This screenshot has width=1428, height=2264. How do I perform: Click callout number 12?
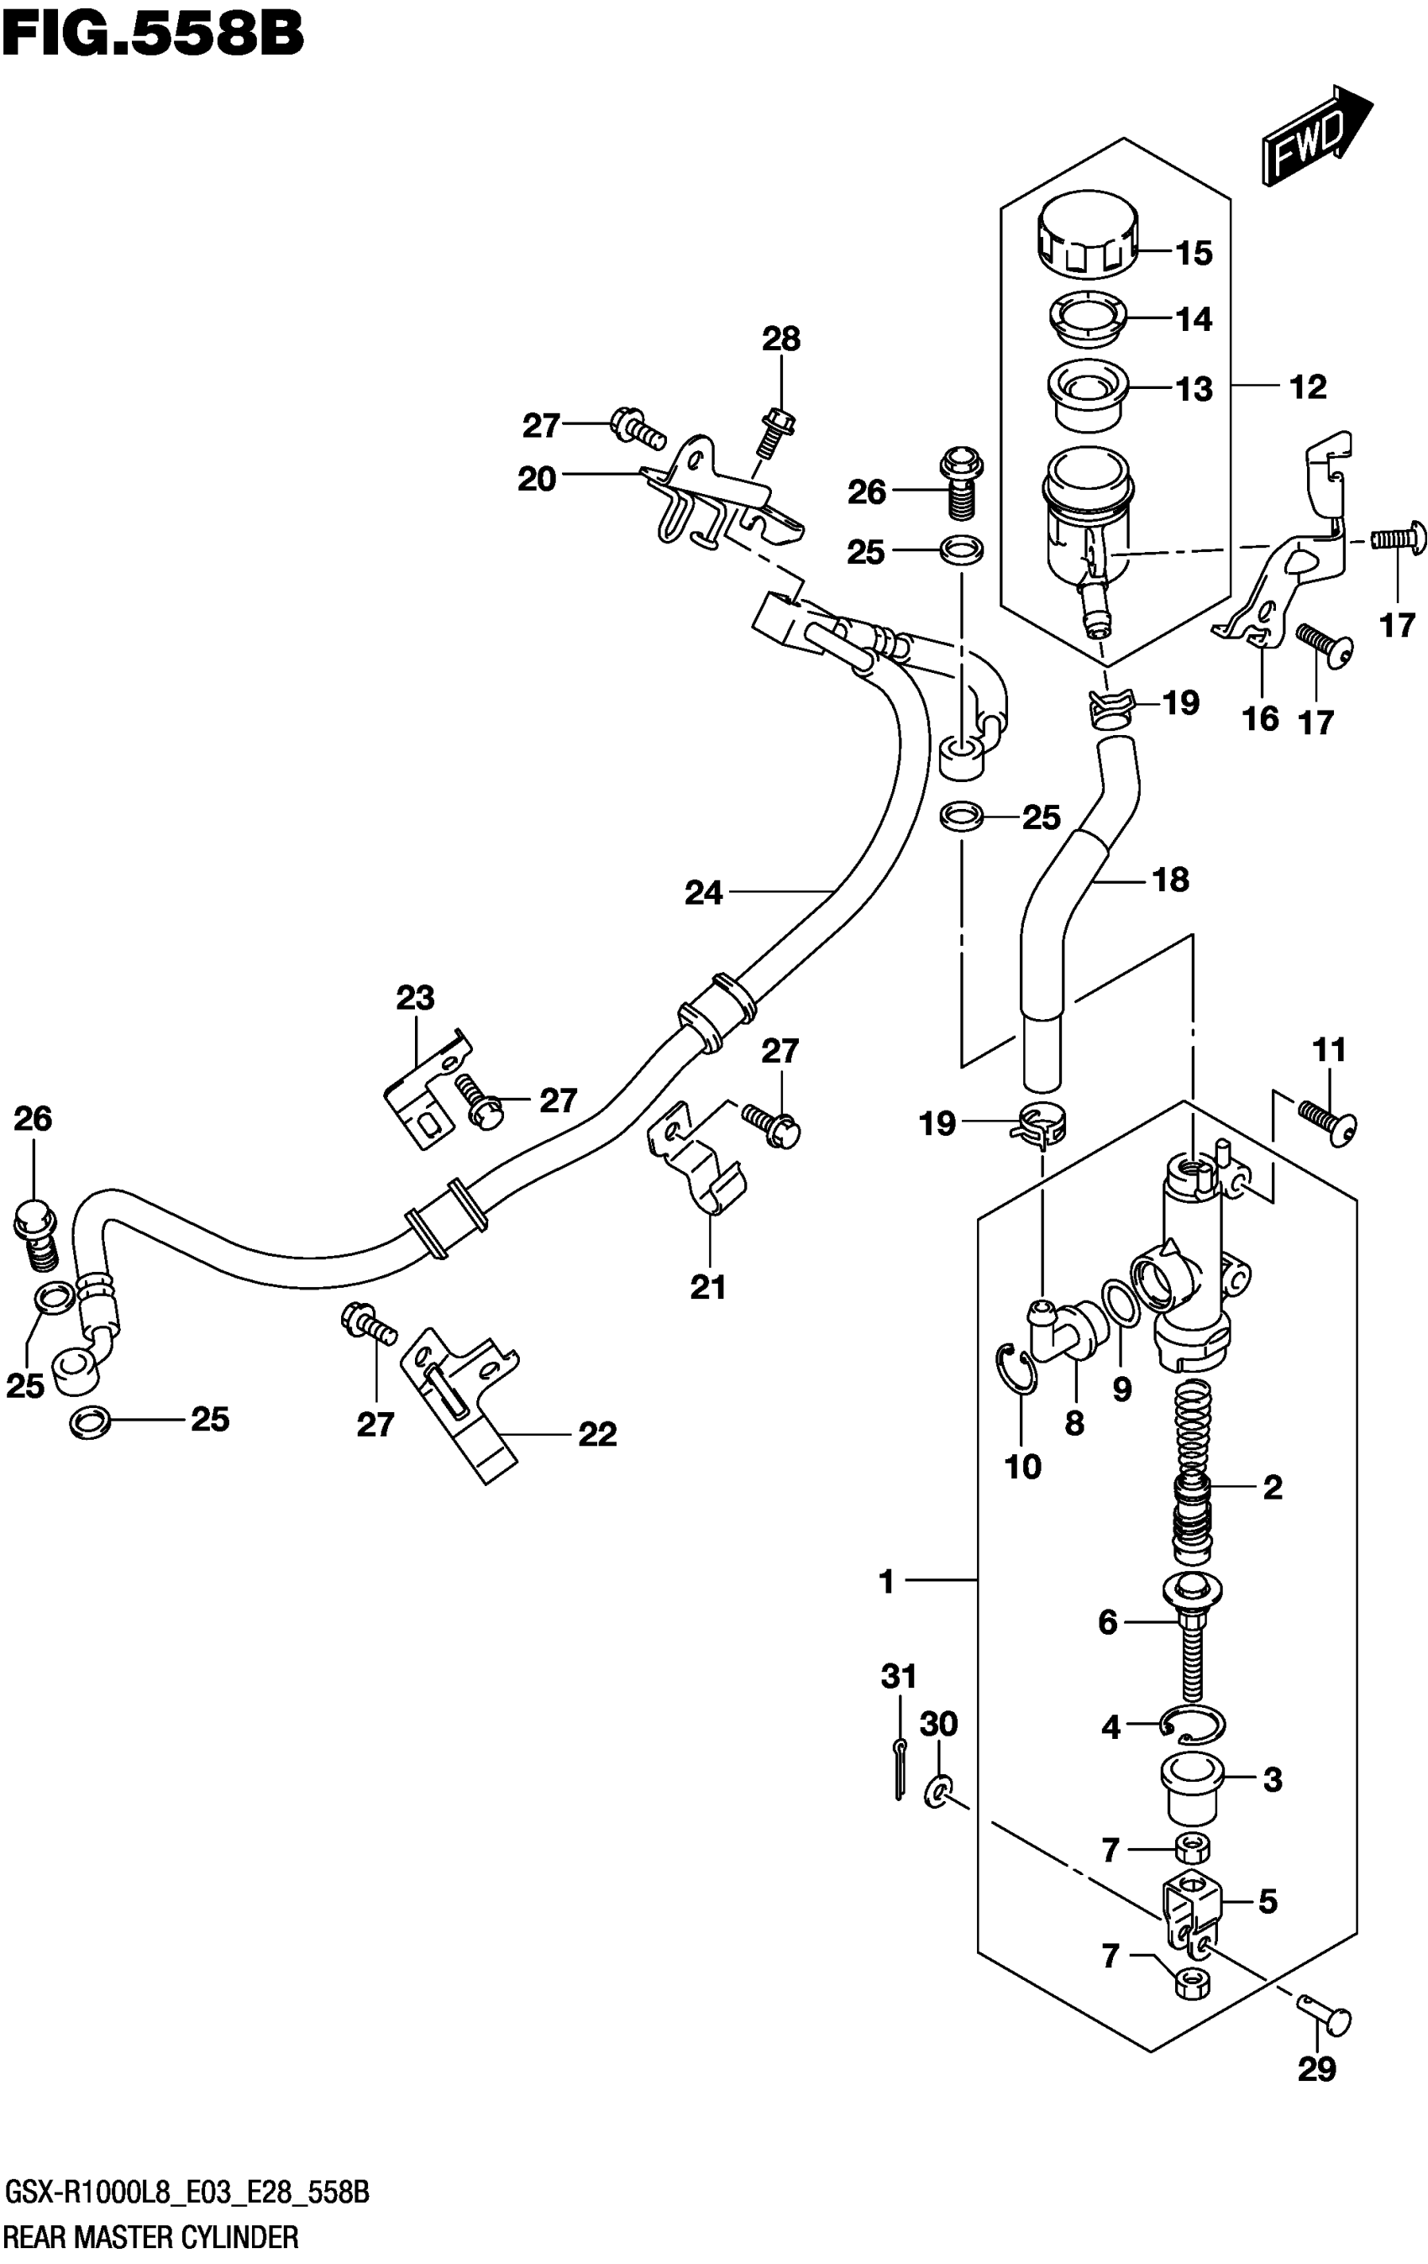pos(1308,386)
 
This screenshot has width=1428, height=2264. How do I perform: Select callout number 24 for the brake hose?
pos(703,892)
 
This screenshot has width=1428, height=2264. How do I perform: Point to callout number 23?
pos(415,996)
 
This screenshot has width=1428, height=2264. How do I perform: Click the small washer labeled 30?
pos(938,1790)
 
